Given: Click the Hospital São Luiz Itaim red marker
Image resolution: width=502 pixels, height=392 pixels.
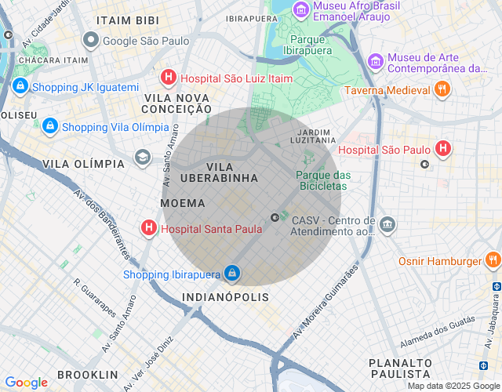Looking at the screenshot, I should (x=168, y=78).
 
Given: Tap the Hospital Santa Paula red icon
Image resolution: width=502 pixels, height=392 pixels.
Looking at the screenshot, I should (x=147, y=229).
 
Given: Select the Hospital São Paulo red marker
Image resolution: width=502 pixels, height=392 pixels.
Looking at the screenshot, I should (x=443, y=148).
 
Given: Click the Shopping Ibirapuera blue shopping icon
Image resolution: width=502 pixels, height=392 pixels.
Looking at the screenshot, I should (x=231, y=273).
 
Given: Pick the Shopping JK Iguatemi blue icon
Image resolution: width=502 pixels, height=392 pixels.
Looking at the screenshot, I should (x=20, y=87).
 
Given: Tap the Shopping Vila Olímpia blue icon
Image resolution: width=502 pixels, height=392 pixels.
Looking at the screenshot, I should (x=49, y=125).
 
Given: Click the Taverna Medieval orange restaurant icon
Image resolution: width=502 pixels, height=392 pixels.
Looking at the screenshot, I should (x=442, y=89).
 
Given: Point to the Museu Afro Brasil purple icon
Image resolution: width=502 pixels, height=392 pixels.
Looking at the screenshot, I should (x=300, y=9).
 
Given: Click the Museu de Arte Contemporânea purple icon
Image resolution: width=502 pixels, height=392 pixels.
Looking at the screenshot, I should (x=375, y=60).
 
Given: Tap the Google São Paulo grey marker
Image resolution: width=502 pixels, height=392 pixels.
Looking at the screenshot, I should (x=91, y=39).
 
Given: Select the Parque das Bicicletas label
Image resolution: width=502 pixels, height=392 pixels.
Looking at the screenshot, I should (x=322, y=180).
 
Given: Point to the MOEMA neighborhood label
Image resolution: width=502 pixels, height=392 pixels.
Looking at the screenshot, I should (x=183, y=203).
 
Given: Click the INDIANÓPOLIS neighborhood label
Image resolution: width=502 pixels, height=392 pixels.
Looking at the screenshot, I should (x=225, y=298).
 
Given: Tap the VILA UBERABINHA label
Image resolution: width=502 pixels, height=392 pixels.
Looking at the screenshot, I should (x=219, y=172).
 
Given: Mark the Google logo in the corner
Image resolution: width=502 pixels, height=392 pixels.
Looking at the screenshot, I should (x=26, y=383).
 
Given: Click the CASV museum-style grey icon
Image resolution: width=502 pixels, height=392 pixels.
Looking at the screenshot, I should (x=387, y=226).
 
